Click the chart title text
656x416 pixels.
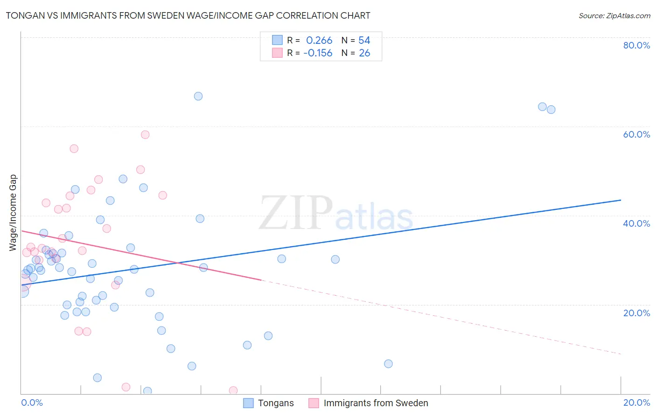pos(188,16)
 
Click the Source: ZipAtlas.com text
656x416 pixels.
pos(614,16)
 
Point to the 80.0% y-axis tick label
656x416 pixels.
pos(636,45)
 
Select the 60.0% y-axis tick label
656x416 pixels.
pos(636,134)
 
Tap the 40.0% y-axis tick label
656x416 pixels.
pos(636,223)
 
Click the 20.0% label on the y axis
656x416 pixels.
pos(636,313)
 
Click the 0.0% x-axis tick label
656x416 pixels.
pos(32,402)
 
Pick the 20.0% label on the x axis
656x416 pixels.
pos(636,402)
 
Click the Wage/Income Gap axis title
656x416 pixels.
pos(13,213)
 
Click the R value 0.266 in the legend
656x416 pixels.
pos(319,41)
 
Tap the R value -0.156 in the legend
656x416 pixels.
pos(318,53)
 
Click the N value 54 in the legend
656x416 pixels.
pos(364,41)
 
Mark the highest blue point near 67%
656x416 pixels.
pos(198,96)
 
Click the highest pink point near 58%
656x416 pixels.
pos(145,135)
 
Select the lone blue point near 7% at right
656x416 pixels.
pos(388,364)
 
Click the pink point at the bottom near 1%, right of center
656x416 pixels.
pos(233,390)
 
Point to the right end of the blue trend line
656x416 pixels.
pos(621,200)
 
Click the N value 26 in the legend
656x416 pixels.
pos(364,53)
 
